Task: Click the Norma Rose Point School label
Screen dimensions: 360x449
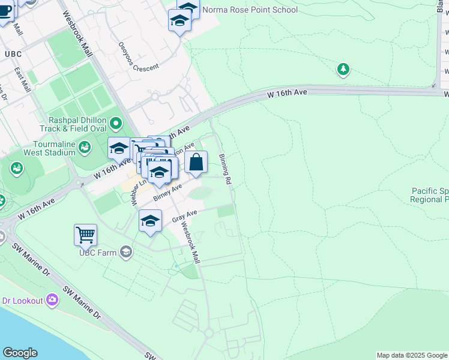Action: click(250, 10)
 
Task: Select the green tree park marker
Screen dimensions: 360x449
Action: click(343, 70)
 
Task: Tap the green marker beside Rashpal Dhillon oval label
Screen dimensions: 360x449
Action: click(115, 125)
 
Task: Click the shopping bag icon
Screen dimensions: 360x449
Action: click(196, 162)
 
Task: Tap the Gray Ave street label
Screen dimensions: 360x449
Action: click(184, 216)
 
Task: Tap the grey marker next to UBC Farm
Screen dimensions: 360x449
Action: click(126, 251)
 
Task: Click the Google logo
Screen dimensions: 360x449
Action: click(20, 353)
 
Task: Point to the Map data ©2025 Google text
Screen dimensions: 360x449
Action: click(411, 355)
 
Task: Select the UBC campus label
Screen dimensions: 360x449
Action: click(13, 54)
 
